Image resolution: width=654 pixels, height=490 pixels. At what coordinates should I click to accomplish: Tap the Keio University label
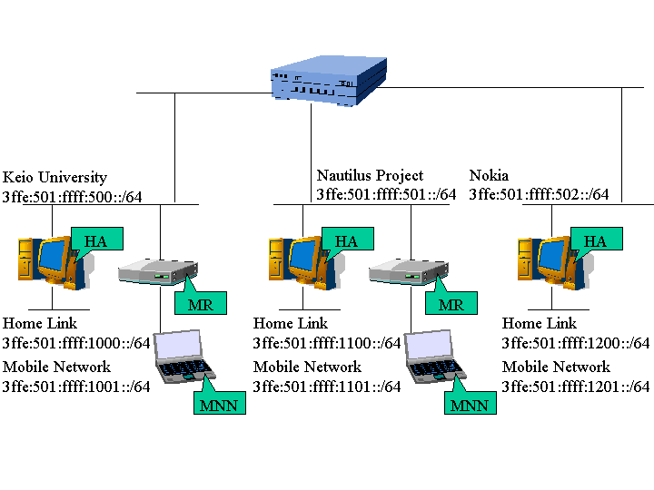click(54, 178)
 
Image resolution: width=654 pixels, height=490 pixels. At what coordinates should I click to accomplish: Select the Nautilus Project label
click(370, 175)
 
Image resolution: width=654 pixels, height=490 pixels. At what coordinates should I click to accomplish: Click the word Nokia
click(489, 175)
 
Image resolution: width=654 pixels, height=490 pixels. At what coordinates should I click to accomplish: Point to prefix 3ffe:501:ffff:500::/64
click(73, 196)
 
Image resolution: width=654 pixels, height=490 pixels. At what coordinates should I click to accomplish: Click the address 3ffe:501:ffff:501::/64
click(386, 194)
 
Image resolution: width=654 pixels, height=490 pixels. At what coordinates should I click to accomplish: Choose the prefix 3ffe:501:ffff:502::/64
click(539, 194)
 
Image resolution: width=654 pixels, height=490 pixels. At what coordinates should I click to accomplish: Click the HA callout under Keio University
click(95, 240)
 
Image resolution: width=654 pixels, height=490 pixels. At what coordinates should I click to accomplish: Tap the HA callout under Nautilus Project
click(346, 240)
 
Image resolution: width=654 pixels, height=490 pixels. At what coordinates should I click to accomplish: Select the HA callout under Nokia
click(595, 240)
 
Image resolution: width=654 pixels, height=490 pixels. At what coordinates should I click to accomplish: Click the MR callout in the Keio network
click(200, 304)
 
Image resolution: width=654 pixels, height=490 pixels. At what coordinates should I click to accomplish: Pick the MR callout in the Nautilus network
click(451, 304)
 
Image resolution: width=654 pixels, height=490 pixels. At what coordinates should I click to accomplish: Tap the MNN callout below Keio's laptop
click(219, 405)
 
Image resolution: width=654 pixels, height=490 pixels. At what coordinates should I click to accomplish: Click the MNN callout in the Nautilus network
click(470, 405)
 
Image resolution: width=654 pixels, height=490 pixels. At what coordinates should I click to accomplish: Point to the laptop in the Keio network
click(182, 357)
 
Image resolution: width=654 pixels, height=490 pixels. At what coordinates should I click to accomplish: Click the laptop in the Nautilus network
click(433, 357)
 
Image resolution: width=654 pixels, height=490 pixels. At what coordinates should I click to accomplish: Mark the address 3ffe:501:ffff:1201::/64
click(576, 387)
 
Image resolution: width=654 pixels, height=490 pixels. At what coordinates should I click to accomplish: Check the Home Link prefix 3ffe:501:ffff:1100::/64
click(327, 343)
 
